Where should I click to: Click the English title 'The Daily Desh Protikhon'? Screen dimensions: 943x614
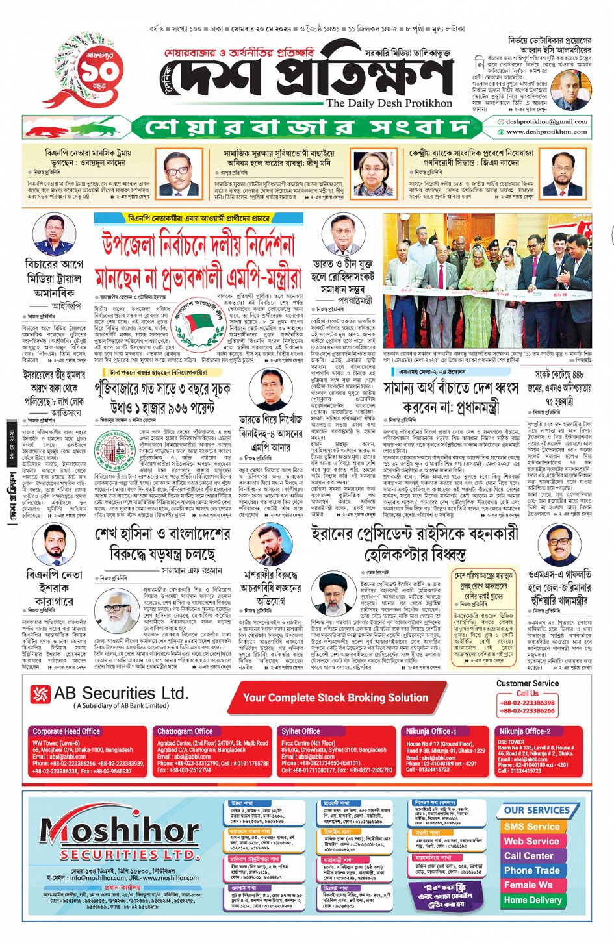tap(389, 103)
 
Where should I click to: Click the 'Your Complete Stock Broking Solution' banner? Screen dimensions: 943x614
tap(335, 698)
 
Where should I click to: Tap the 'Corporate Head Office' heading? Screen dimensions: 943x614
tap(66, 731)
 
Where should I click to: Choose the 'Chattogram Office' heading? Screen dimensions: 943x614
tap(185, 731)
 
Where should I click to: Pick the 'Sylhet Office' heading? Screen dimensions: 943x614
tap(300, 731)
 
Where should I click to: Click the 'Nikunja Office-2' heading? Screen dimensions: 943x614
tap(524, 731)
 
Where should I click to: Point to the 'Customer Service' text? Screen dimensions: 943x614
tap(527, 683)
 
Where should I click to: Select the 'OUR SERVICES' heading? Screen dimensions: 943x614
tap(537, 811)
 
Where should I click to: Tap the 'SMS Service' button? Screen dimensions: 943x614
tap(531, 827)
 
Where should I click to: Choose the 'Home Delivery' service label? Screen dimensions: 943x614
tap(532, 900)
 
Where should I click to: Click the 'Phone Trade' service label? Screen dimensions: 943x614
tap(531, 870)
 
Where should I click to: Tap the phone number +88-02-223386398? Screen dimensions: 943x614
tap(527, 703)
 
